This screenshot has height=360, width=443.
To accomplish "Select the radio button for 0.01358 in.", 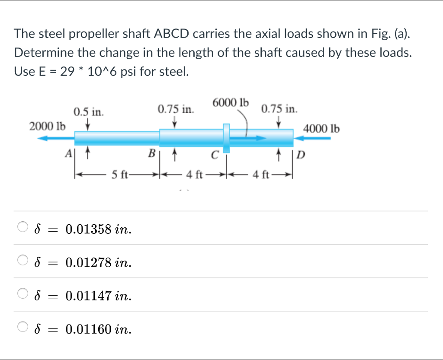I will pyautogui.click(x=22, y=227).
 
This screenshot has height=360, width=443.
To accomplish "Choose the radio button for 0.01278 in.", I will pyautogui.click(x=22, y=261).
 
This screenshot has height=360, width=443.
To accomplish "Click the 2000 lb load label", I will pyautogui.click(x=48, y=127).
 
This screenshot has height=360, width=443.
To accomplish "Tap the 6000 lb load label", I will pyautogui.click(x=231, y=103).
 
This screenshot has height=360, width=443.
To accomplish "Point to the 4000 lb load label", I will pyautogui.click(x=321, y=128).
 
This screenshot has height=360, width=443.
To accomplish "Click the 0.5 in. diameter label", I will pyautogui.click(x=88, y=113).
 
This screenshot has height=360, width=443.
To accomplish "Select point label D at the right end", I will pyautogui.click(x=301, y=155).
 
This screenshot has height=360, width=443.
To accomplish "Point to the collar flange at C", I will pyautogui.click(x=226, y=137).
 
